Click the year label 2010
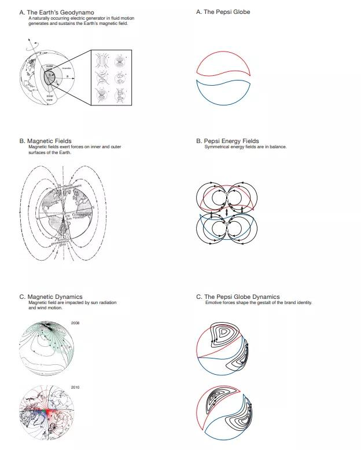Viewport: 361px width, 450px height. click(75, 386)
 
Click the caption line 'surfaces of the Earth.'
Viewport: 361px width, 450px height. click(46, 152)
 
